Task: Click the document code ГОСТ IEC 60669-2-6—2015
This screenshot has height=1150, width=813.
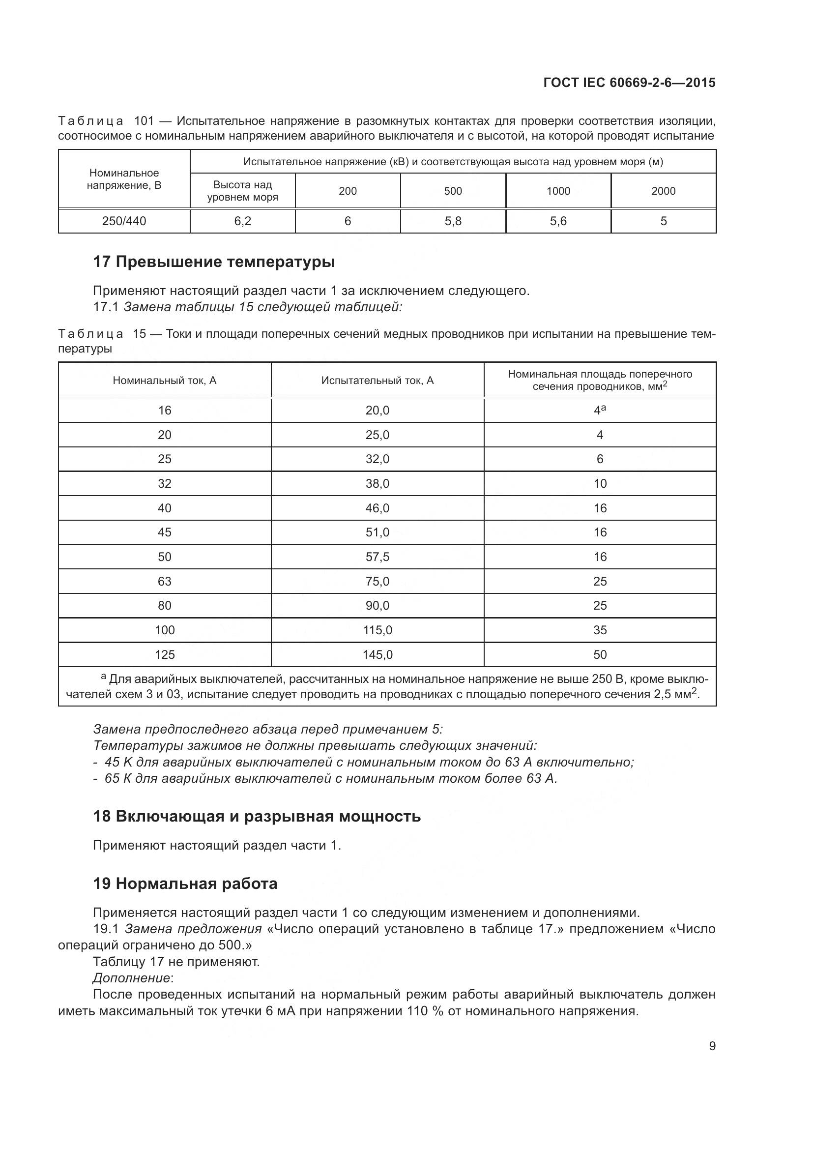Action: click(x=629, y=83)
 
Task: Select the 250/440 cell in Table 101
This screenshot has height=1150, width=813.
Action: click(x=124, y=221)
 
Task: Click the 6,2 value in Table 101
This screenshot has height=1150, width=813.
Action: click(x=243, y=221)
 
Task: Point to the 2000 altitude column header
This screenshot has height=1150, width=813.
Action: click(x=663, y=191)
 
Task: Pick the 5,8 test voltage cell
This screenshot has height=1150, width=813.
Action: click(x=453, y=221)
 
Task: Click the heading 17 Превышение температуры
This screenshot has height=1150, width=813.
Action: click(x=214, y=262)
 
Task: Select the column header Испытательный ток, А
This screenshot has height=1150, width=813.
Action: click(x=377, y=381)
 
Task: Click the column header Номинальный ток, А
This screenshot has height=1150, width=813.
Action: click(x=165, y=381)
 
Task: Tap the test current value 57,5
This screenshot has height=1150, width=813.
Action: click(x=377, y=557)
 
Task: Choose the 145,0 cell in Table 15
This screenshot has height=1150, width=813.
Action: click(x=377, y=654)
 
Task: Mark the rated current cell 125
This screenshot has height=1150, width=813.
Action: click(x=165, y=654)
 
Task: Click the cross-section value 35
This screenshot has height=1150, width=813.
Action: click(x=600, y=630)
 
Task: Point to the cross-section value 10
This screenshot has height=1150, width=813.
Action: click(x=600, y=484)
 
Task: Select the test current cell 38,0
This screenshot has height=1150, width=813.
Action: click(x=377, y=484)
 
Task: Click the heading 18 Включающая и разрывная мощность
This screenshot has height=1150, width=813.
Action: click(x=257, y=817)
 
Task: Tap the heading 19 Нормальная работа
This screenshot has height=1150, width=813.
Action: click(x=185, y=884)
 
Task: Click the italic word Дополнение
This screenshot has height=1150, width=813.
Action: click(x=131, y=978)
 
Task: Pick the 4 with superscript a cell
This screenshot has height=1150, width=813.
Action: click(x=600, y=410)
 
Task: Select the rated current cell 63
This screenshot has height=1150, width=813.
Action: click(x=165, y=582)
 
